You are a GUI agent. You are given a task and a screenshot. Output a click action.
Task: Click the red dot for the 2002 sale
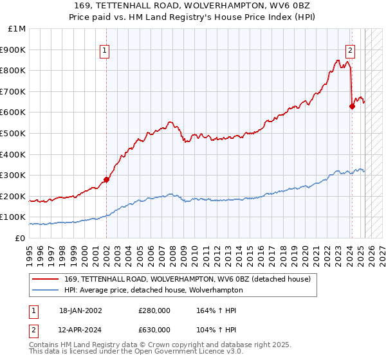tap(106, 179)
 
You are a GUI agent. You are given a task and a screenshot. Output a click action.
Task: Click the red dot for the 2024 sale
tap(352, 106)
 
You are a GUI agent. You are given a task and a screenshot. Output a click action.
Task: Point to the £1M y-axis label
tap(18, 28)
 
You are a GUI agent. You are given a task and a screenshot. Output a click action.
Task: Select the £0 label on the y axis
tap(20, 238)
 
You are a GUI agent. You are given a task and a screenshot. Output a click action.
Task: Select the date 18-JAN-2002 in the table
tap(80, 310)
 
